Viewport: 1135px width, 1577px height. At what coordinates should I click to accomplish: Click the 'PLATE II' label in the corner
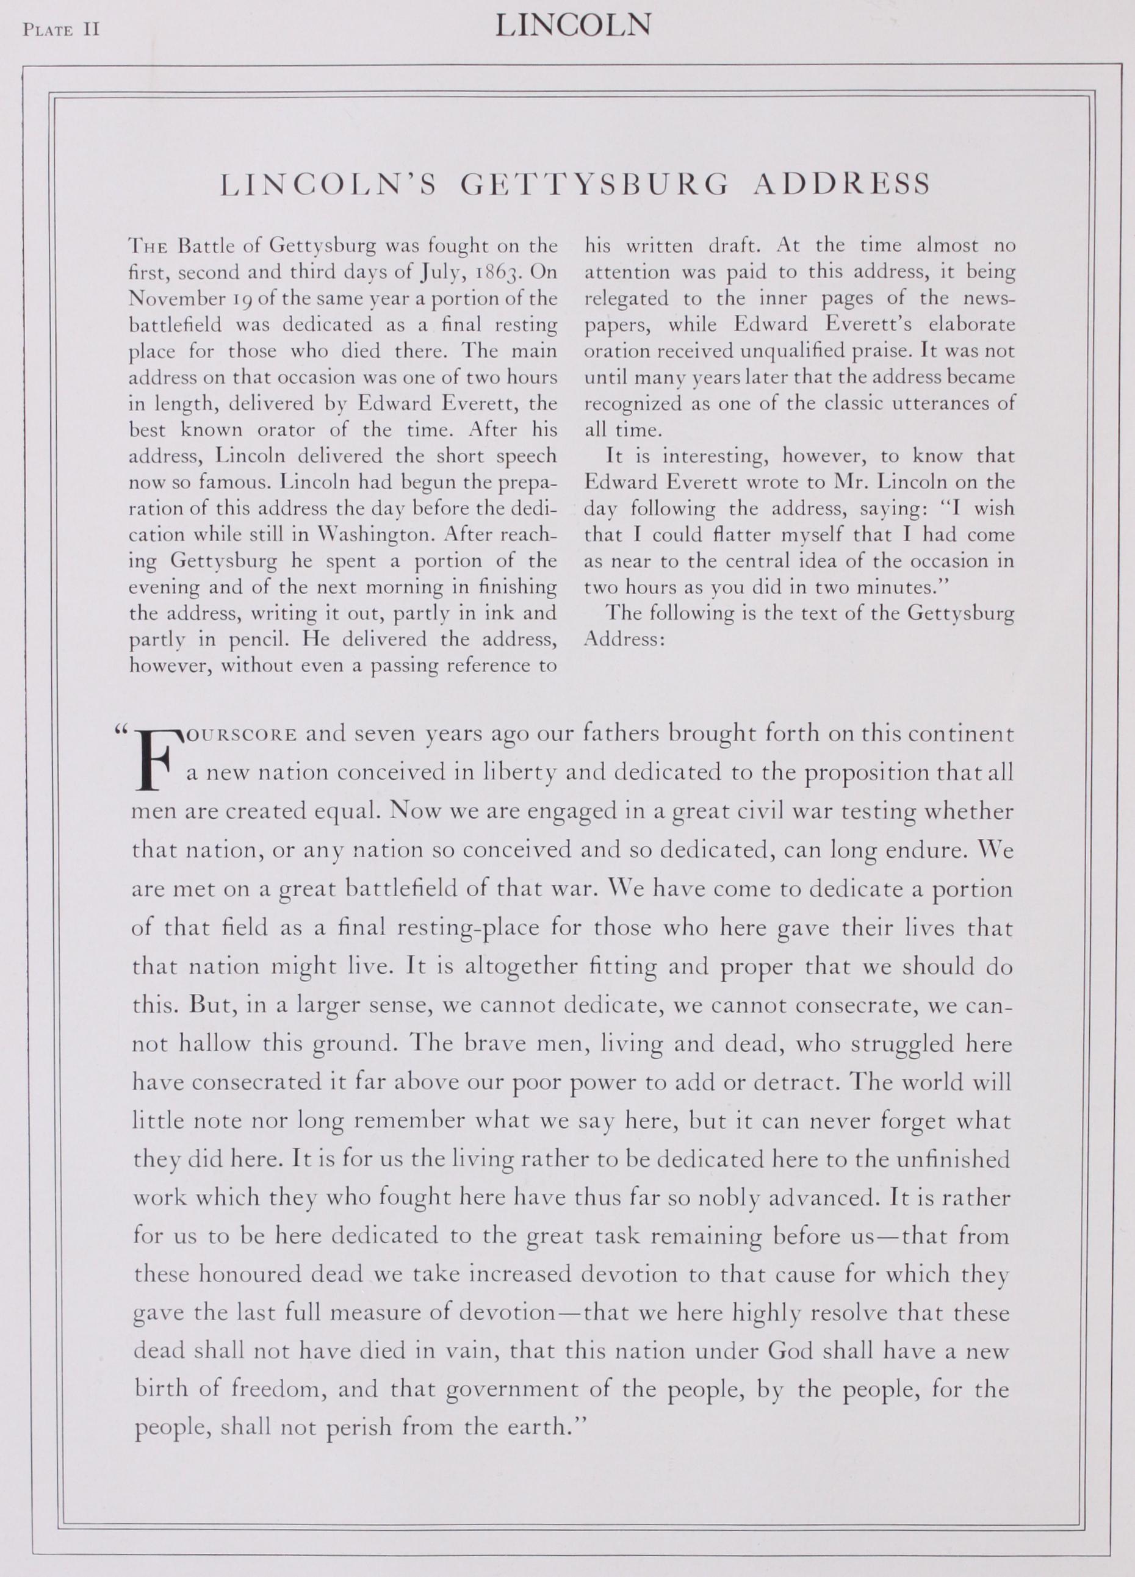tap(62, 30)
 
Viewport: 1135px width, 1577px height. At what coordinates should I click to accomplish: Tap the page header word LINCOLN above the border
tap(573, 26)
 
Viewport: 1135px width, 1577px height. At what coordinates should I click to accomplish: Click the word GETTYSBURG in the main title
tap(596, 184)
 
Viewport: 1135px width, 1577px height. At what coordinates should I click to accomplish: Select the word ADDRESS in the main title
tap(842, 184)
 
